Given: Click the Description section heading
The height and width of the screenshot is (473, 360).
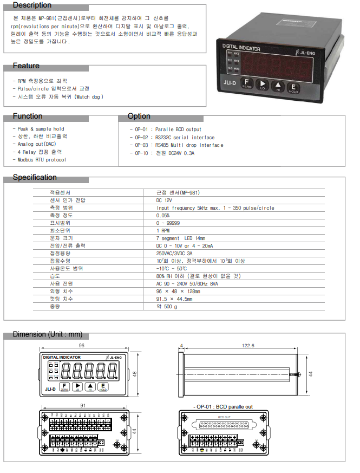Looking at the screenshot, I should [32, 5].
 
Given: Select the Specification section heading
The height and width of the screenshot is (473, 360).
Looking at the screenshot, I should [35, 177].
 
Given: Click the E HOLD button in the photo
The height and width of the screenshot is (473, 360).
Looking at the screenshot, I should [293, 88].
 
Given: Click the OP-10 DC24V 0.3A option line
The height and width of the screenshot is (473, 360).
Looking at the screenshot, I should [162, 153].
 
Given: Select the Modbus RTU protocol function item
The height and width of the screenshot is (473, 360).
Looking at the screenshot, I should [42, 160].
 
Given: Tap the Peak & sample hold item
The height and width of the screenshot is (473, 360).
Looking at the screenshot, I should [41, 129].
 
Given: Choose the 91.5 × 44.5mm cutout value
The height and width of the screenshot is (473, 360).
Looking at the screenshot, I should [174, 299].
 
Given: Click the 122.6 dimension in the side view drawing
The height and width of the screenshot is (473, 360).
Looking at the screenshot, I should [248, 345].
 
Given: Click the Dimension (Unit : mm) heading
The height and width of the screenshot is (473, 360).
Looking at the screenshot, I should [48, 334].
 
